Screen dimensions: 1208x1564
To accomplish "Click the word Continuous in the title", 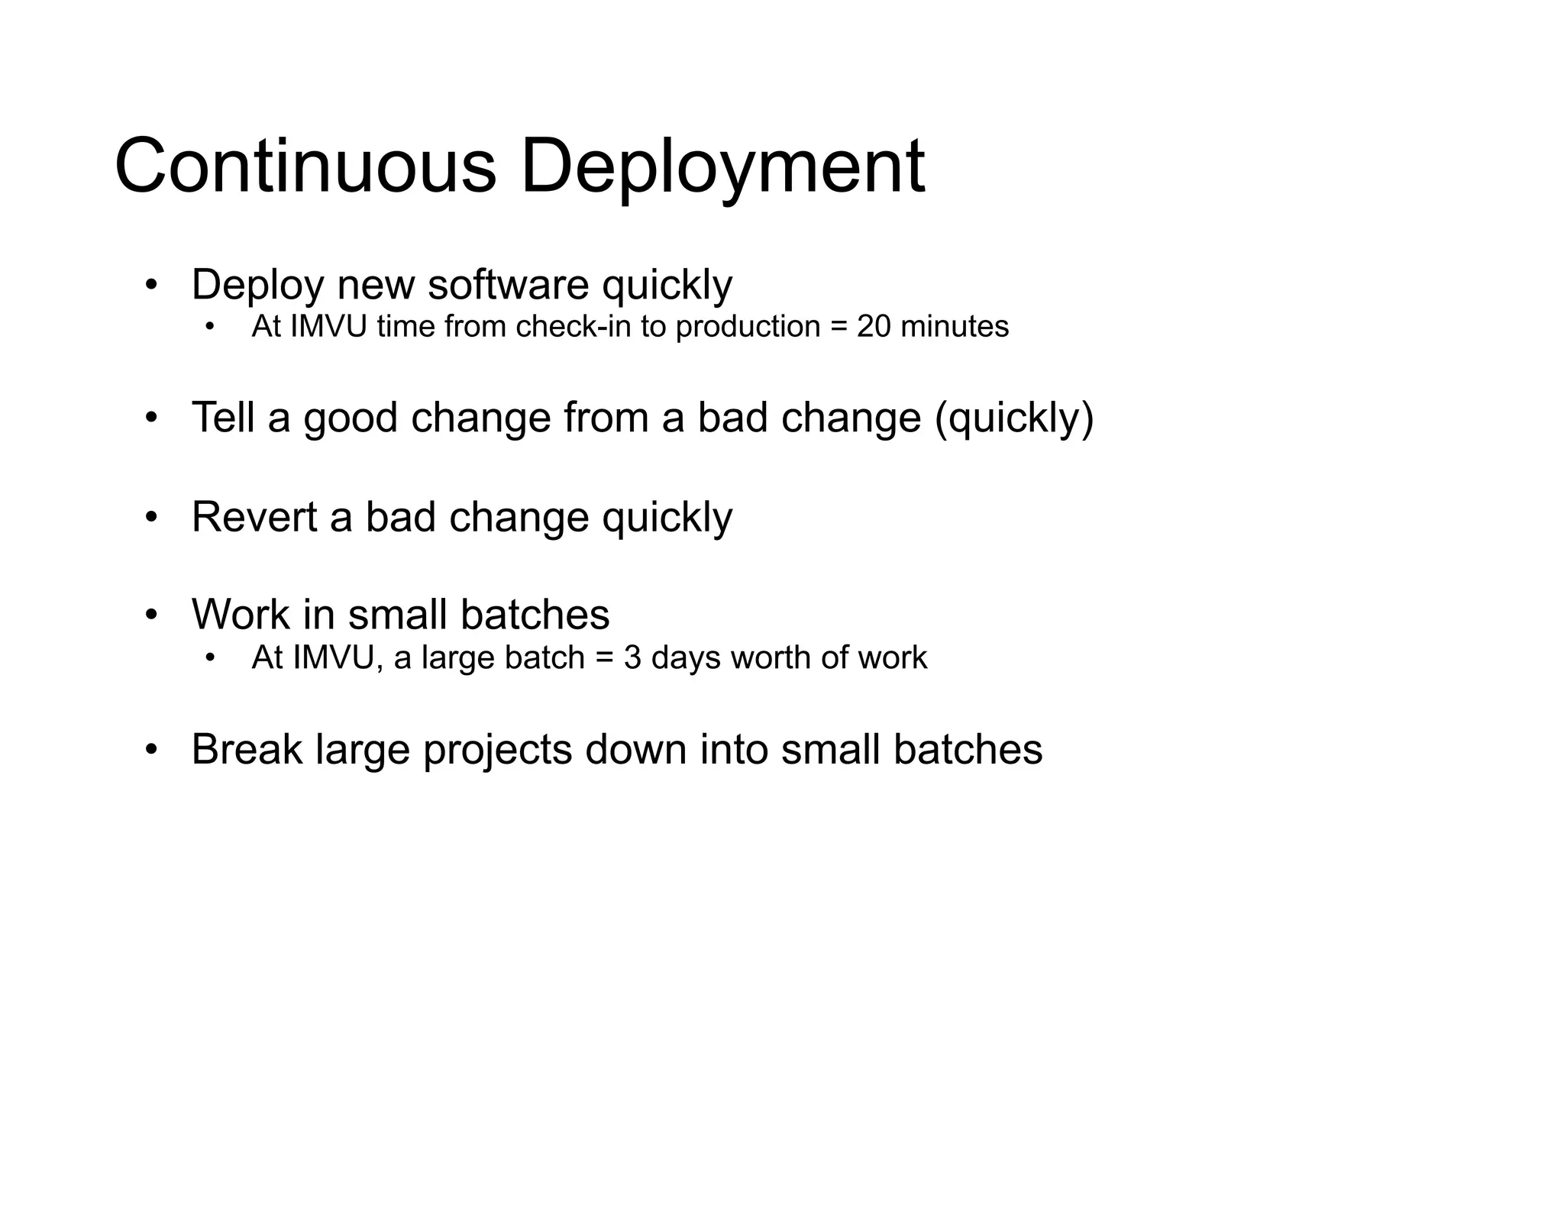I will pyautogui.click(x=305, y=166).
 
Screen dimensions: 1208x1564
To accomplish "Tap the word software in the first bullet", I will pyautogui.click(x=508, y=285).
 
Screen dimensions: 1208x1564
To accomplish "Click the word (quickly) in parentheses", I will pyautogui.click(x=1014, y=418).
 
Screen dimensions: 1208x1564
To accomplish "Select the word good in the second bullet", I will pyautogui.click(x=351, y=418).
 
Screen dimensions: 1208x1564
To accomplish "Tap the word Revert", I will pyautogui.click(x=254, y=517).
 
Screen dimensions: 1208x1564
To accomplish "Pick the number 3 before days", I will pyautogui.click(x=632, y=657).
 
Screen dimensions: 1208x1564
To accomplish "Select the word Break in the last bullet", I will pyautogui.click(x=247, y=749).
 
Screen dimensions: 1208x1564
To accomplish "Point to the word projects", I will pyautogui.click(x=497, y=751).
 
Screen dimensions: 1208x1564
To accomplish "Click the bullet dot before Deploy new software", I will pyautogui.click(x=151, y=286).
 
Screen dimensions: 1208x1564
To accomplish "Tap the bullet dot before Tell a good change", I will pyautogui.click(x=151, y=418).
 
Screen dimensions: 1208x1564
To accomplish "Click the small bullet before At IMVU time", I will pyautogui.click(x=211, y=328).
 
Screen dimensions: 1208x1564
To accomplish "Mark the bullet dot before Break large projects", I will pyautogui.click(x=151, y=750).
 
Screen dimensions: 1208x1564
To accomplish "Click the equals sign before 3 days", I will pyautogui.click(x=604, y=658).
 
